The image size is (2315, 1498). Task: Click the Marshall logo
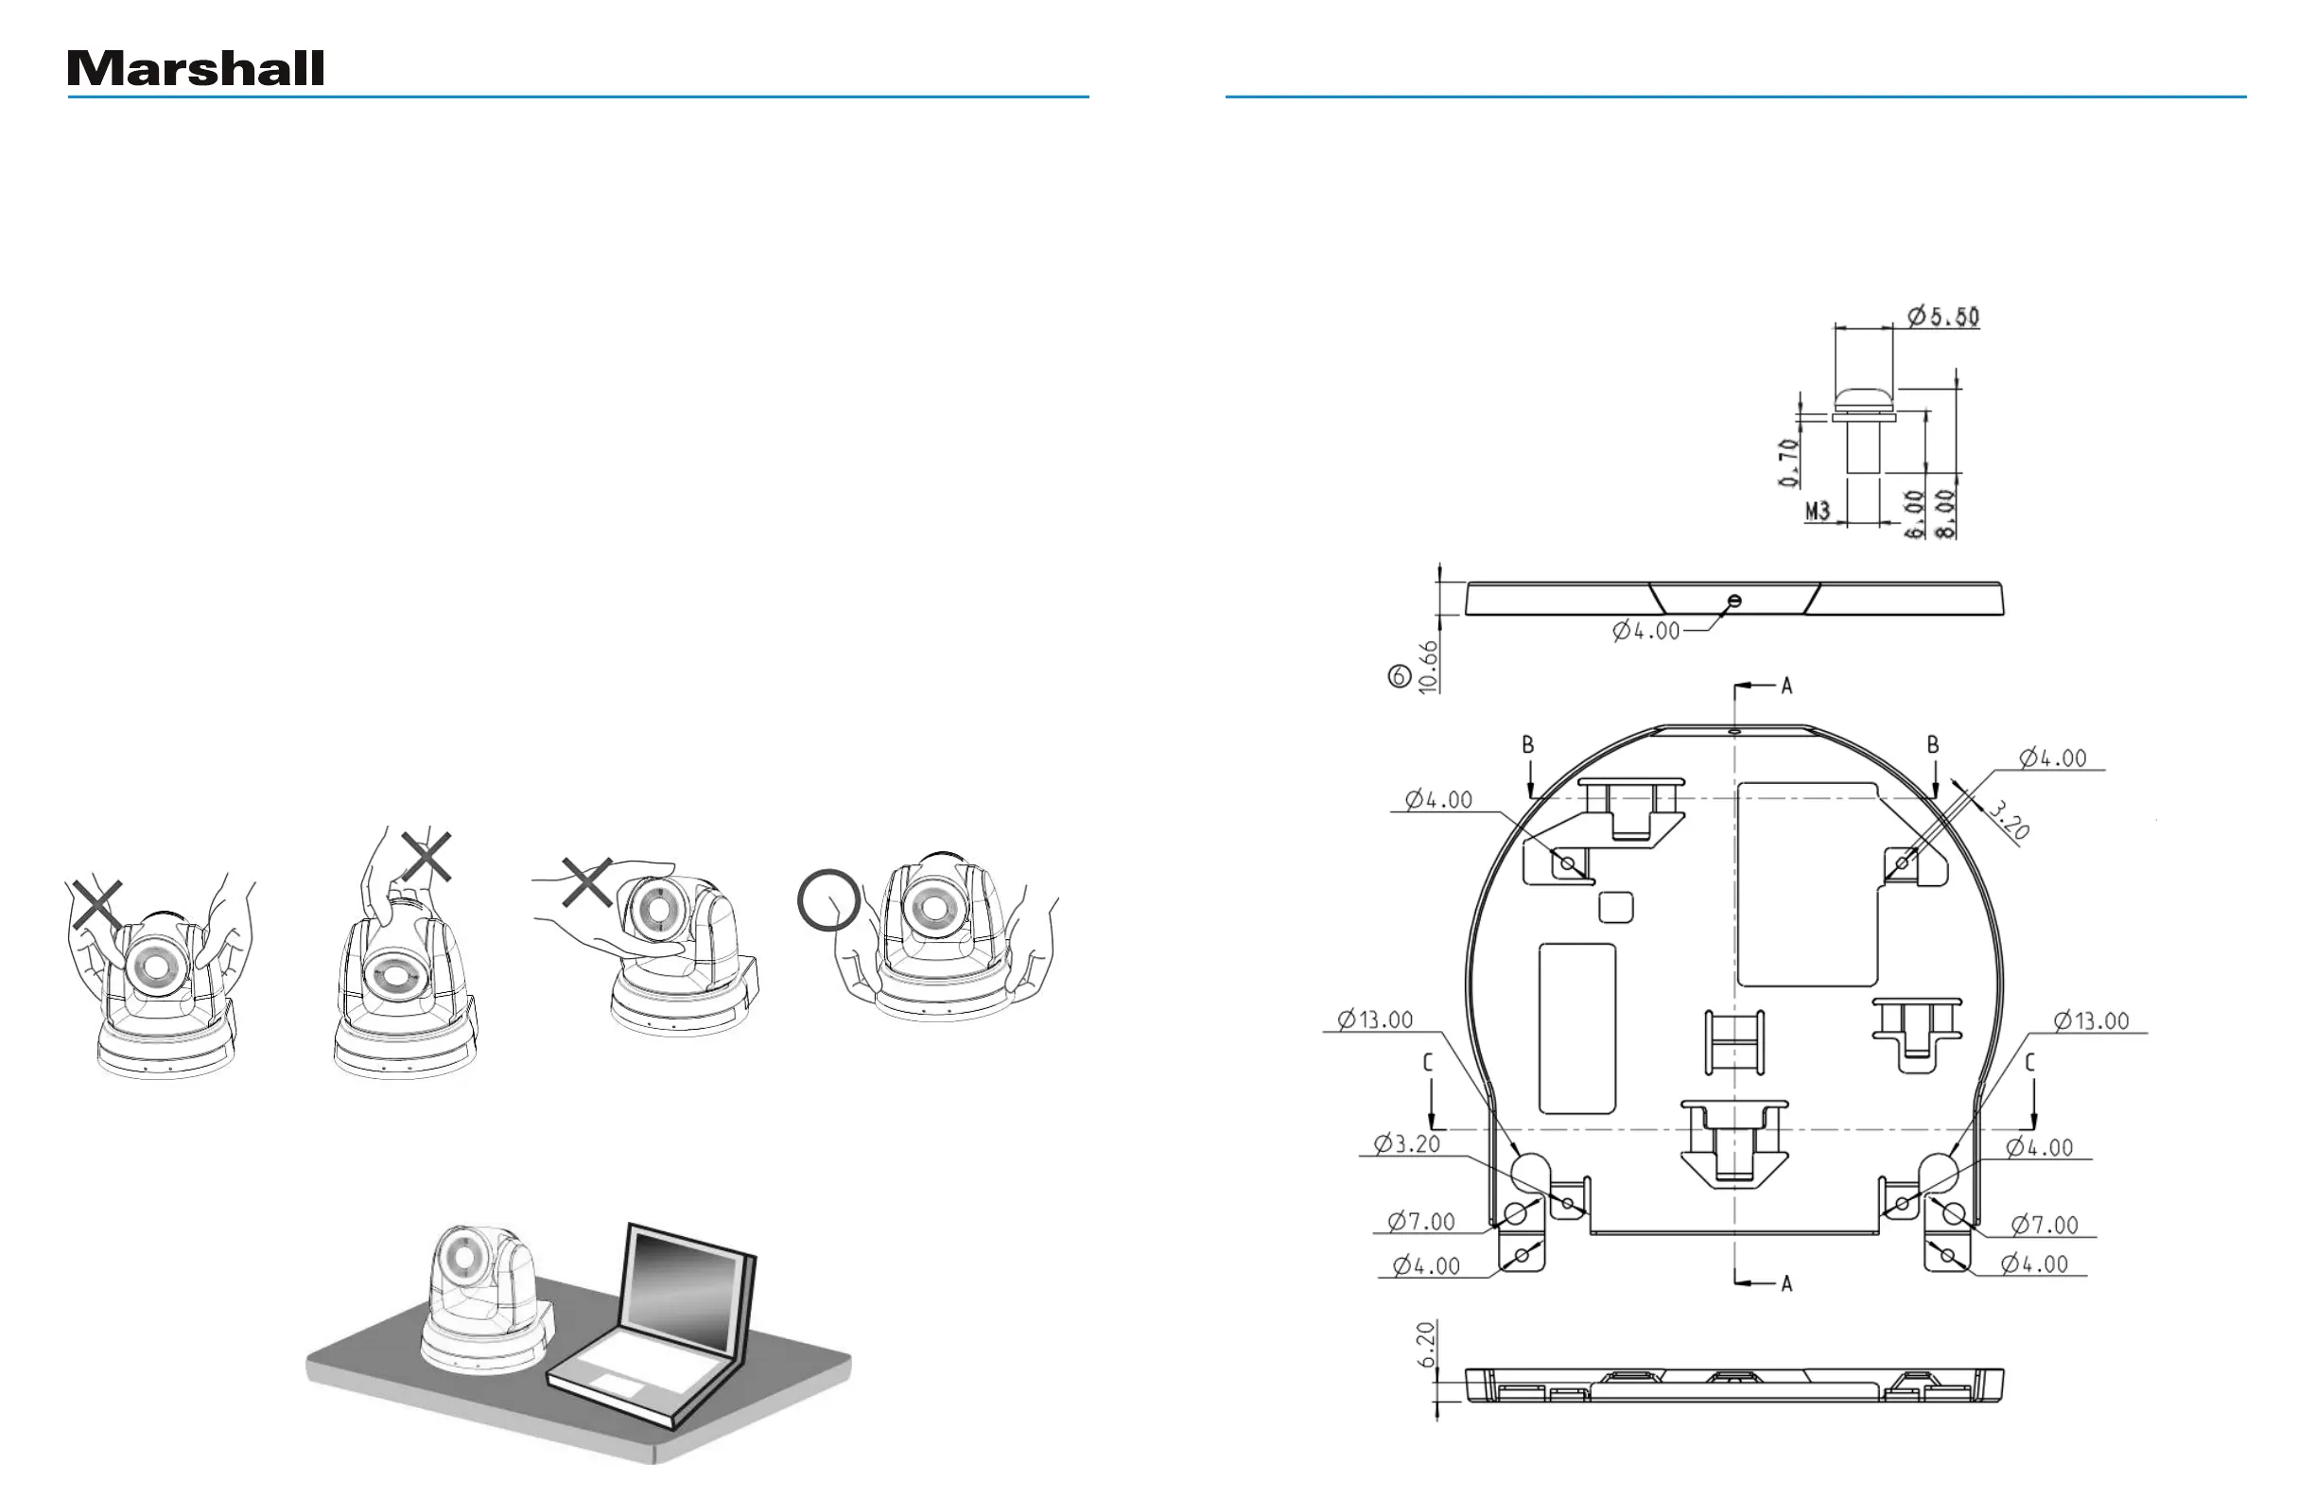click(196, 68)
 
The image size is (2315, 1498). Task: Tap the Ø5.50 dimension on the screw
click(1942, 316)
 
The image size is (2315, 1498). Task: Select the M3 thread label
click(1817, 510)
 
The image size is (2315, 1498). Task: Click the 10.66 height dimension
click(1428, 667)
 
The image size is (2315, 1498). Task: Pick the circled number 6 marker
click(1399, 676)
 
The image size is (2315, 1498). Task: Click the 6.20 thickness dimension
click(1426, 1344)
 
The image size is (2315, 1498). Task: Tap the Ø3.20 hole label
click(1406, 1144)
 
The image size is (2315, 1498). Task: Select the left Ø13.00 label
click(1374, 1019)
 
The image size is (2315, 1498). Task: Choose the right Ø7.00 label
click(2045, 1225)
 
